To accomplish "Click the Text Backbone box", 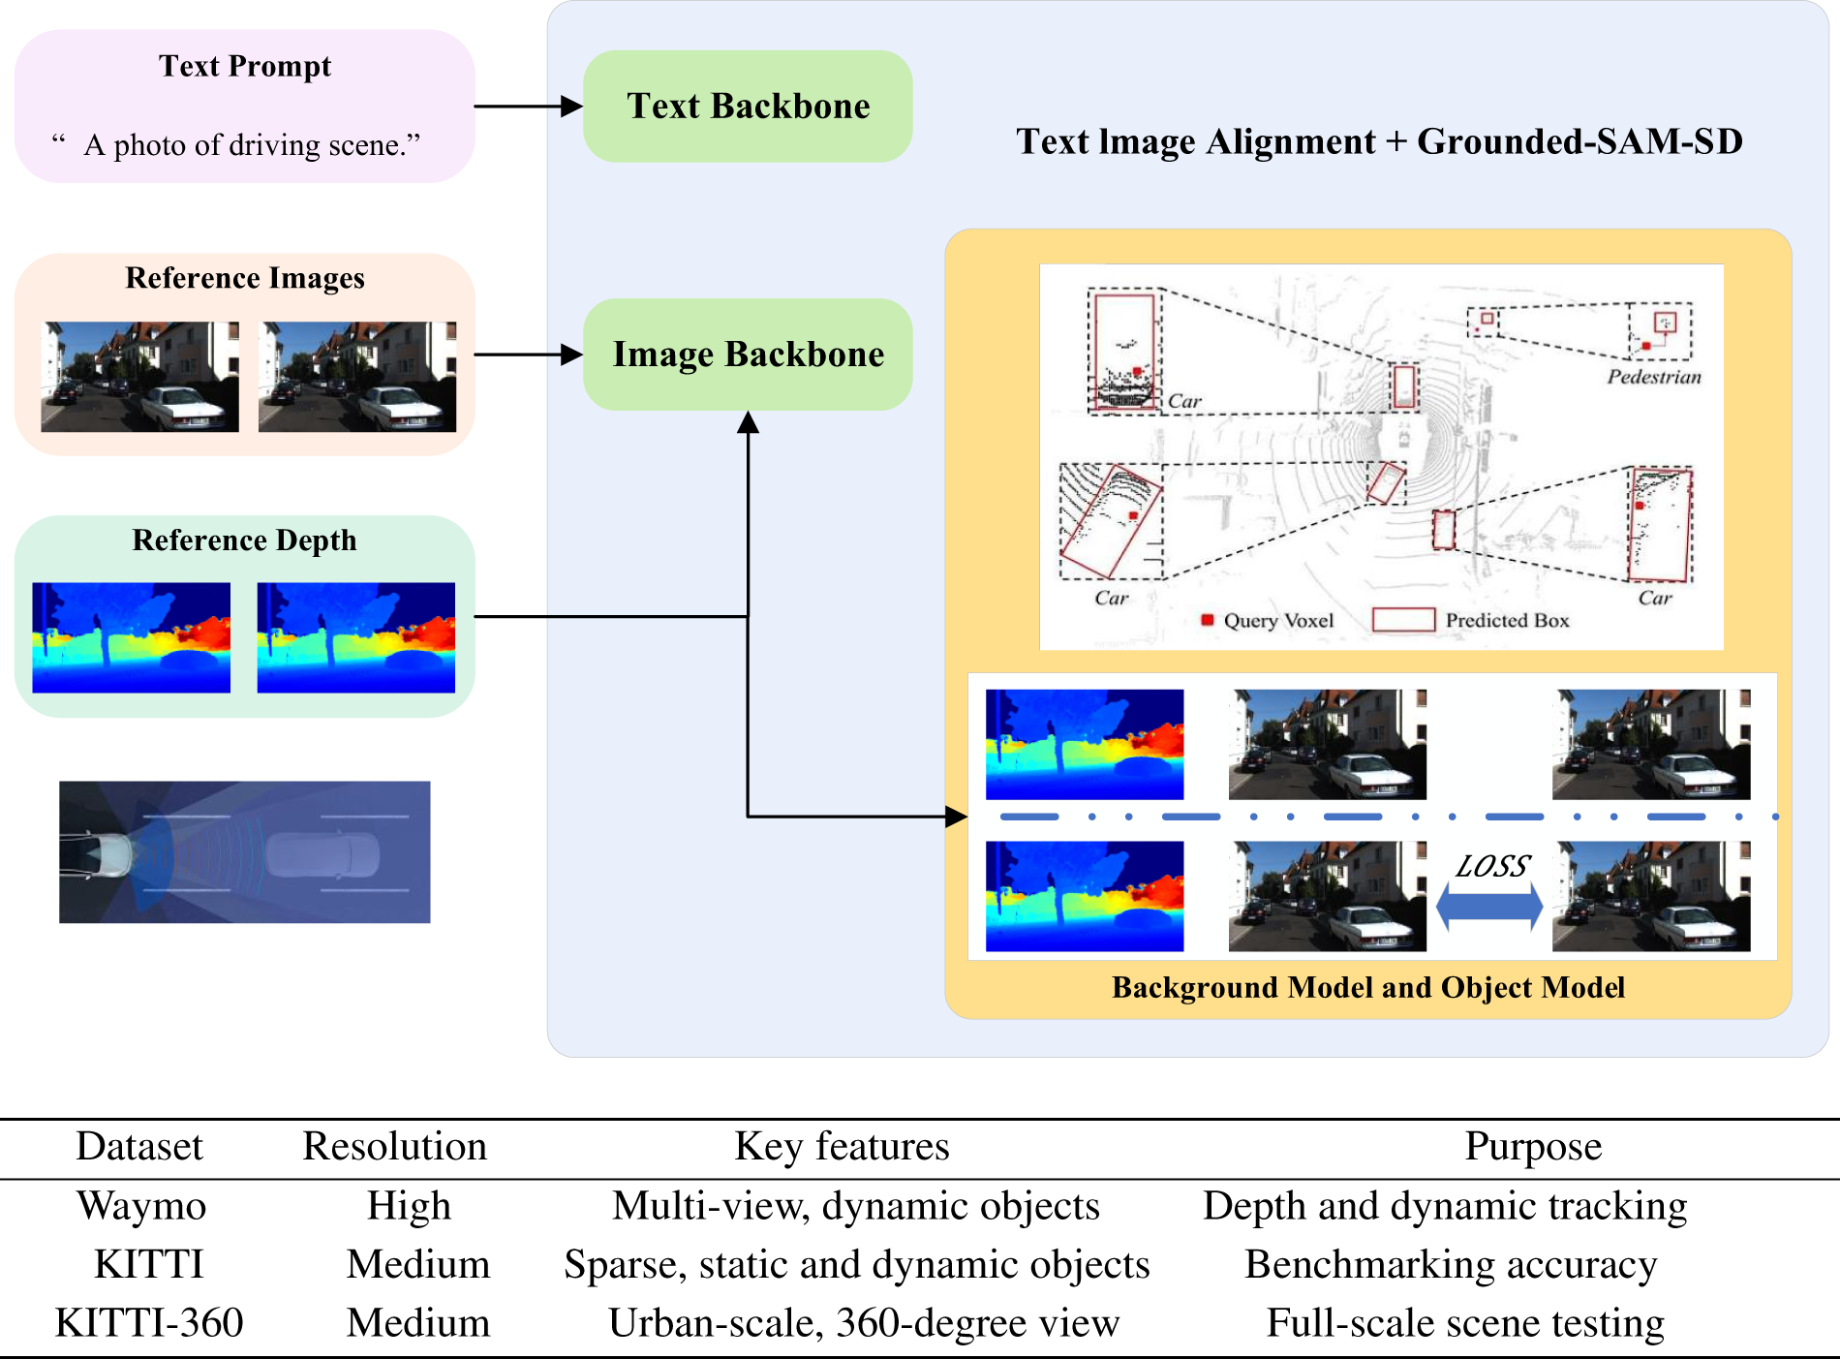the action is coord(748,107).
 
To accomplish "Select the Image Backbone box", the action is coord(748,355).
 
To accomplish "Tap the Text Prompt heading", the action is coord(245,66).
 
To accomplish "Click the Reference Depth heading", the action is coord(245,540).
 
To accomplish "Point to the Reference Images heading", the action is coord(245,278).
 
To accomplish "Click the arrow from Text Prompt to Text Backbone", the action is coord(529,107).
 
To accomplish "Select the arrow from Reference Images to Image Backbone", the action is coord(529,355).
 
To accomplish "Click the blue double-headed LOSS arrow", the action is coord(1489,908).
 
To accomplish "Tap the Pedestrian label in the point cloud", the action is coord(1654,377).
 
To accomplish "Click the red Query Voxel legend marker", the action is coord(1208,620).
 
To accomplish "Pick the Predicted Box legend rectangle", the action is coord(1404,620).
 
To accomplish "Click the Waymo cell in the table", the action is coord(141,1206).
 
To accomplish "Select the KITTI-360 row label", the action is coord(149,1322).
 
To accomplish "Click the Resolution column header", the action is coord(394,1146).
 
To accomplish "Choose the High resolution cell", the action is coord(409,1206).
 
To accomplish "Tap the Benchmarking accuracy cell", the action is coord(1451,1264).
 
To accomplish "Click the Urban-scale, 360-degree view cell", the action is coord(864,1322).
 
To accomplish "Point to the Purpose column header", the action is coord(1533,1146).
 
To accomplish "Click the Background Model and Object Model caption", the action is coord(1367,987).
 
